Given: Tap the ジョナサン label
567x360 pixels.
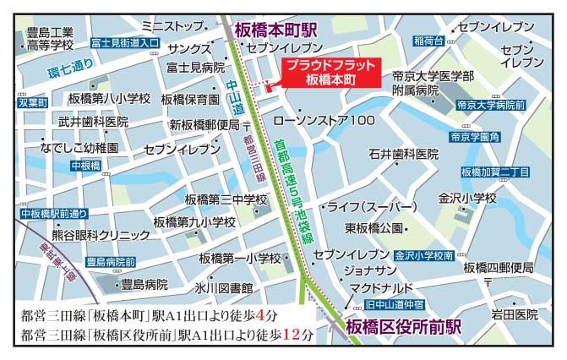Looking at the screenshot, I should coord(369,270).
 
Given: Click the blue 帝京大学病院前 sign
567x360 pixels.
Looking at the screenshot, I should coord(490,106).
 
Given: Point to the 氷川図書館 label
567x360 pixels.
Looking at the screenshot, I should coord(223,287).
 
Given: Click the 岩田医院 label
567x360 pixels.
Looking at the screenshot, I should coord(515,314).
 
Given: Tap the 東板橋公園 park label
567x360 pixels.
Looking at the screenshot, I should coord(374,228).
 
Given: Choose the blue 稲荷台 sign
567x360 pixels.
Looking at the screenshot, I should coord(428,41).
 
